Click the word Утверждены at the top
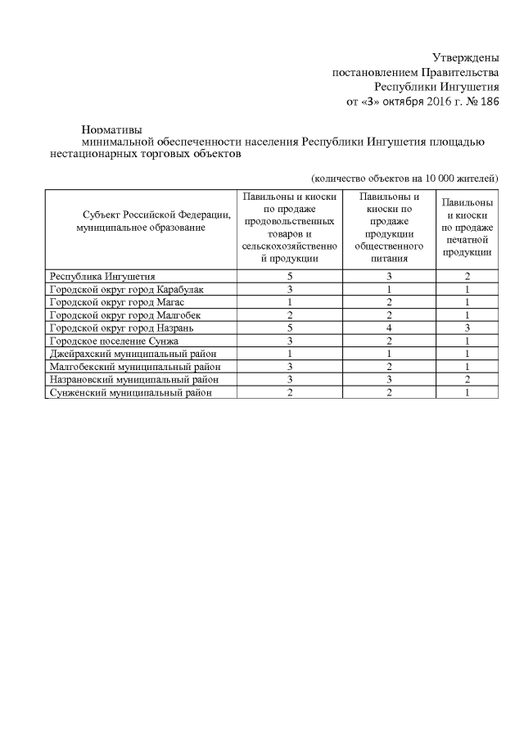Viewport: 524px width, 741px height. (466, 57)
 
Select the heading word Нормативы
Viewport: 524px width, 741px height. (112, 129)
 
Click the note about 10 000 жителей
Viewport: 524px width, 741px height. (405, 178)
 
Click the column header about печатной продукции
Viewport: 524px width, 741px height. (467, 228)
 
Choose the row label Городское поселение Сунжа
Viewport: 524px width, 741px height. (113, 341)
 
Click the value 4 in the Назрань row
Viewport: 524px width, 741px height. (390, 328)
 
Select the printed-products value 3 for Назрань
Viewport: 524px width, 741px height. (467, 328)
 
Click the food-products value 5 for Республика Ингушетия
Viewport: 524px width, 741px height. (290, 277)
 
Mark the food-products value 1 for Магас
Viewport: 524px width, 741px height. (290, 302)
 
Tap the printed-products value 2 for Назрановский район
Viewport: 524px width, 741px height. (467, 380)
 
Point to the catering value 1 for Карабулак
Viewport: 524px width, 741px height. (390, 290)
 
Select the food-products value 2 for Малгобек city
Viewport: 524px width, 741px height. (290, 315)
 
